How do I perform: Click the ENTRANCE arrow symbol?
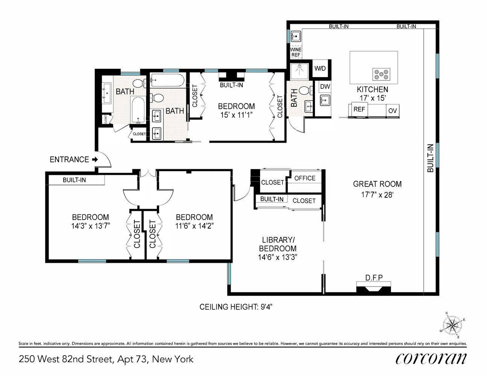pyautogui.click(x=95, y=159)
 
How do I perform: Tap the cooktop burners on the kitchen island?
pyautogui.click(x=381, y=74)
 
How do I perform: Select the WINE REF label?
pyautogui.click(x=296, y=52)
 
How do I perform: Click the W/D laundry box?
pyautogui.click(x=320, y=68)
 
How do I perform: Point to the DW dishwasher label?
pyautogui.click(x=324, y=86)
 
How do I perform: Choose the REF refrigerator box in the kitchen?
pyautogui.click(x=359, y=109)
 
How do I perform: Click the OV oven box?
pyautogui.click(x=392, y=111)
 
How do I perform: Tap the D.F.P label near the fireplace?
pyautogui.click(x=374, y=278)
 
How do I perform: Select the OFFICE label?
pyautogui.click(x=305, y=178)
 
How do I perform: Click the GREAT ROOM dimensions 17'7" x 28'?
pyautogui.click(x=377, y=195)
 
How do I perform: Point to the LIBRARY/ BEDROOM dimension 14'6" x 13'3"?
pyautogui.click(x=277, y=258)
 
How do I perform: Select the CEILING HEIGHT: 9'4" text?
pyautogui.click(x=236, y=307)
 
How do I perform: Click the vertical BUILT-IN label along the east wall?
pyautogui.click(x=431, y=158)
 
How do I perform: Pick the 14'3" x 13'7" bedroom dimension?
pyautogui.click(x=90, y=226)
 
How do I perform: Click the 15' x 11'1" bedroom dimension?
pyautogui.click(x=236, y=115)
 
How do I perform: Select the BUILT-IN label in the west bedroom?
pyautogui.click(x=74, y=180)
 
